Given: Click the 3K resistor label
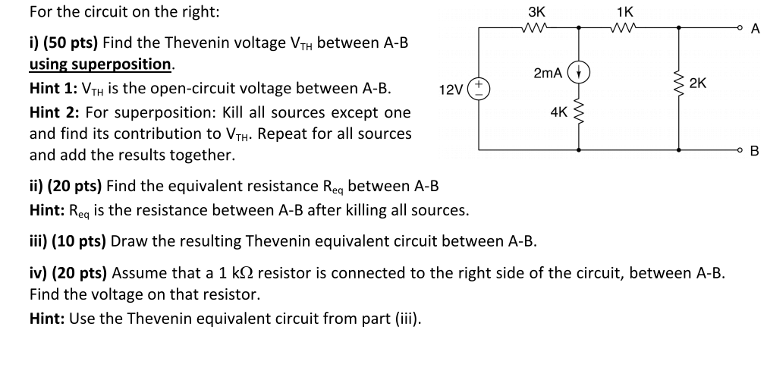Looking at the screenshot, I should point(535,12).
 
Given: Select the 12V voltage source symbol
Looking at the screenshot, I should point(479,88).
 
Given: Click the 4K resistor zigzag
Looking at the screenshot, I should point(580,114).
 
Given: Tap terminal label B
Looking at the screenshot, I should point(754,151).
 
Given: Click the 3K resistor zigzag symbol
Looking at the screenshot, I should point(536,27).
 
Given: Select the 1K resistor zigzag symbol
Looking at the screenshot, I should point(626,27).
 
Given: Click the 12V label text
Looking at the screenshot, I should point(452,90).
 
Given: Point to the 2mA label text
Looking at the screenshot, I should point(548,73).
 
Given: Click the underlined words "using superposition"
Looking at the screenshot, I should point(101,64).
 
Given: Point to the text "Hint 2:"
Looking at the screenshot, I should point(55,112).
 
